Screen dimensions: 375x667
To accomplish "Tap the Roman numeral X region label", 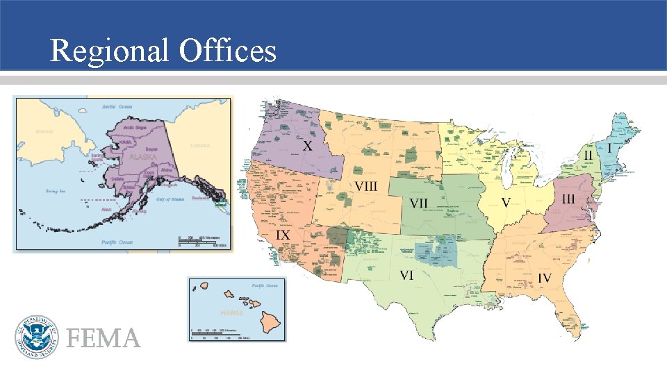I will pos(306,147).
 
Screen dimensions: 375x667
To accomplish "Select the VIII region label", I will pos(366,186).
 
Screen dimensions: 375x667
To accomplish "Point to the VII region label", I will pos(419,203).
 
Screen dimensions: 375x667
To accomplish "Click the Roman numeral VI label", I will pos(406,275).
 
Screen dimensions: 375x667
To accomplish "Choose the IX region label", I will pos(283,236).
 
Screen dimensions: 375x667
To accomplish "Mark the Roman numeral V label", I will pos(506,201).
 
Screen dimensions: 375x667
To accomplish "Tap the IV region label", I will pos(545,278).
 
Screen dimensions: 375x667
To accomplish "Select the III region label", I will pos(568,199).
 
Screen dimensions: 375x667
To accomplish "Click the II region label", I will pos(588,155).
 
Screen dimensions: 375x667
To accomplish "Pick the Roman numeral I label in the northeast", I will pos(610,149).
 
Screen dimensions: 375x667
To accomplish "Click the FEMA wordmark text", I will pos(104,338).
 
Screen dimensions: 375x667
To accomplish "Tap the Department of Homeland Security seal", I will pos(35,337).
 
